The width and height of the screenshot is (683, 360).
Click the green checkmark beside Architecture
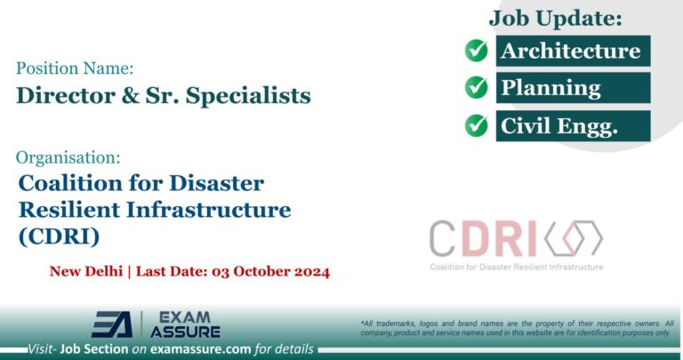477,51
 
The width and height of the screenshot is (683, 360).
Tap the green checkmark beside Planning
477,88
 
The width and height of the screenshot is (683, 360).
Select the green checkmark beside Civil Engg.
477,125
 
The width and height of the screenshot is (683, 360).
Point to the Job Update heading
555,17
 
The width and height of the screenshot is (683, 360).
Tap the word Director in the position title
56,96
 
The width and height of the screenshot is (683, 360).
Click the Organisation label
68,157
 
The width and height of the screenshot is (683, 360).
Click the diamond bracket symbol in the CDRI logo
574,238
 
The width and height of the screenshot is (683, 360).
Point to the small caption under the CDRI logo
516,267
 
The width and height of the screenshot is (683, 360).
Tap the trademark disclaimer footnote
517,327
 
